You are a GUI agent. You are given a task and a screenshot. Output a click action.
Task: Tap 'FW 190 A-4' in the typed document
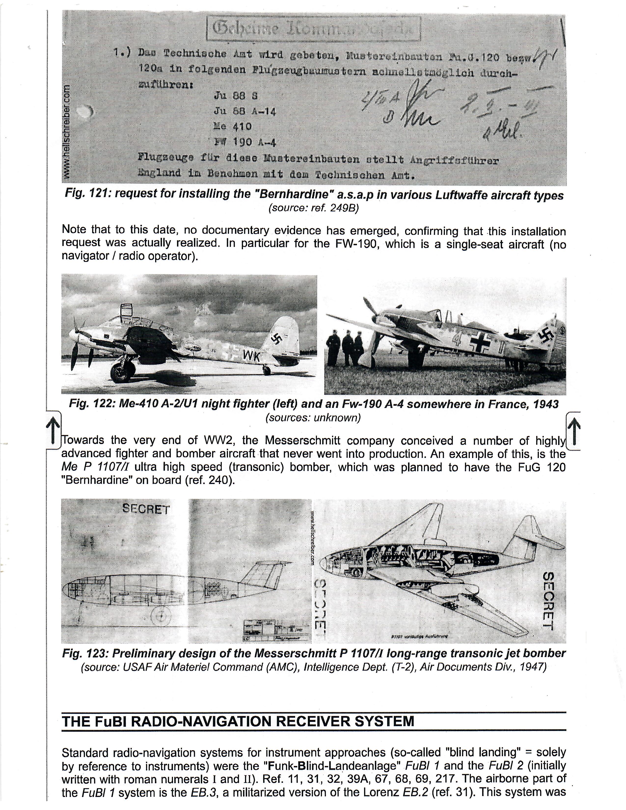coord(245,142)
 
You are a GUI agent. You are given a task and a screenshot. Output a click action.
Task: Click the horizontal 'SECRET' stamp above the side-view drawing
coord(146,510)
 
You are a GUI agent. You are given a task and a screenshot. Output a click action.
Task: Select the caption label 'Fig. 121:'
coord(88,195)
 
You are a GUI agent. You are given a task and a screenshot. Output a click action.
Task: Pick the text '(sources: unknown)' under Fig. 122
coord(313,418)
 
